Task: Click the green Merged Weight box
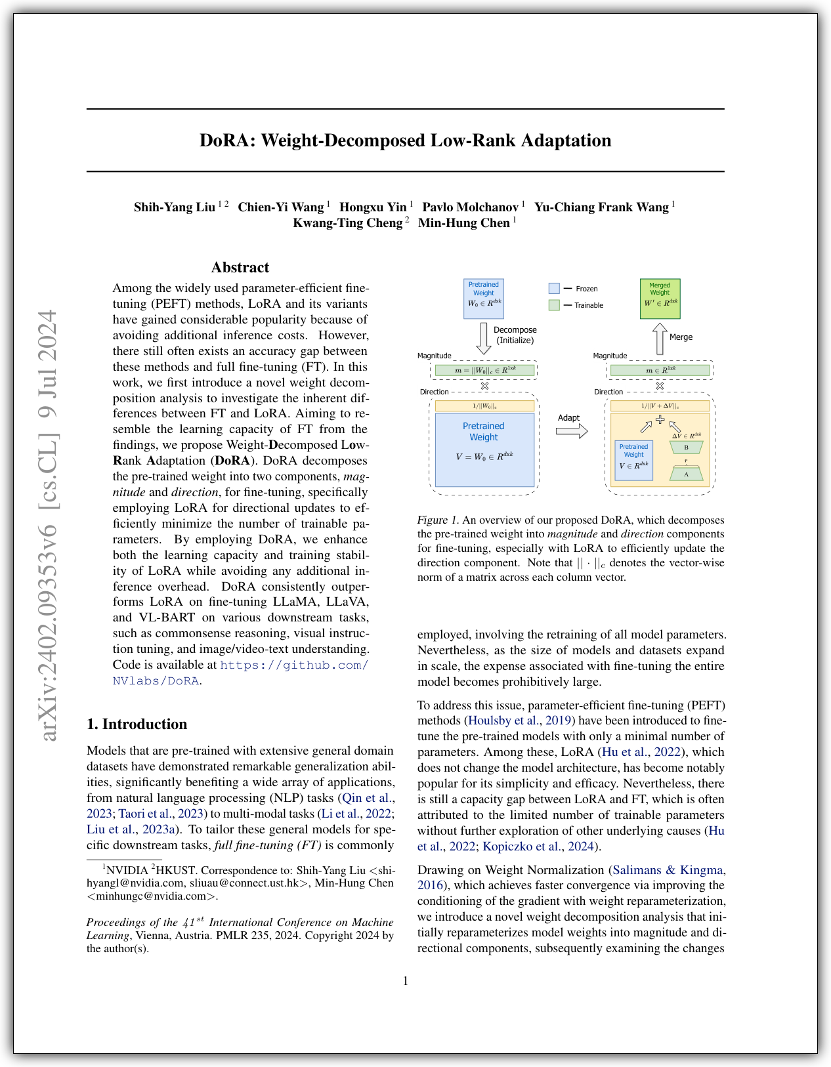(660, 299)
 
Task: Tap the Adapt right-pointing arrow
(571, 431)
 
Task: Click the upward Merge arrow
(660, 339)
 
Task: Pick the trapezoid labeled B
(686, 448)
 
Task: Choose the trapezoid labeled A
(686, 474)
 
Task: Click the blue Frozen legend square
(554, 288)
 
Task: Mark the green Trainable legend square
(554, 305)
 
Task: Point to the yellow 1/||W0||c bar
(484, 406)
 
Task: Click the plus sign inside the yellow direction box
(660, 419)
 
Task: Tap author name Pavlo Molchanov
(470, 207)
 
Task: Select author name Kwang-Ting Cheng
(347, 223)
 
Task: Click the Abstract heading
(240, 268)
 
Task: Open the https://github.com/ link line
(294, 665)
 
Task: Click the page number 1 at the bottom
(406, 981)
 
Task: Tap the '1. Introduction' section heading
(137, 724)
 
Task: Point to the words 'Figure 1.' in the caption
(438, 520)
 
